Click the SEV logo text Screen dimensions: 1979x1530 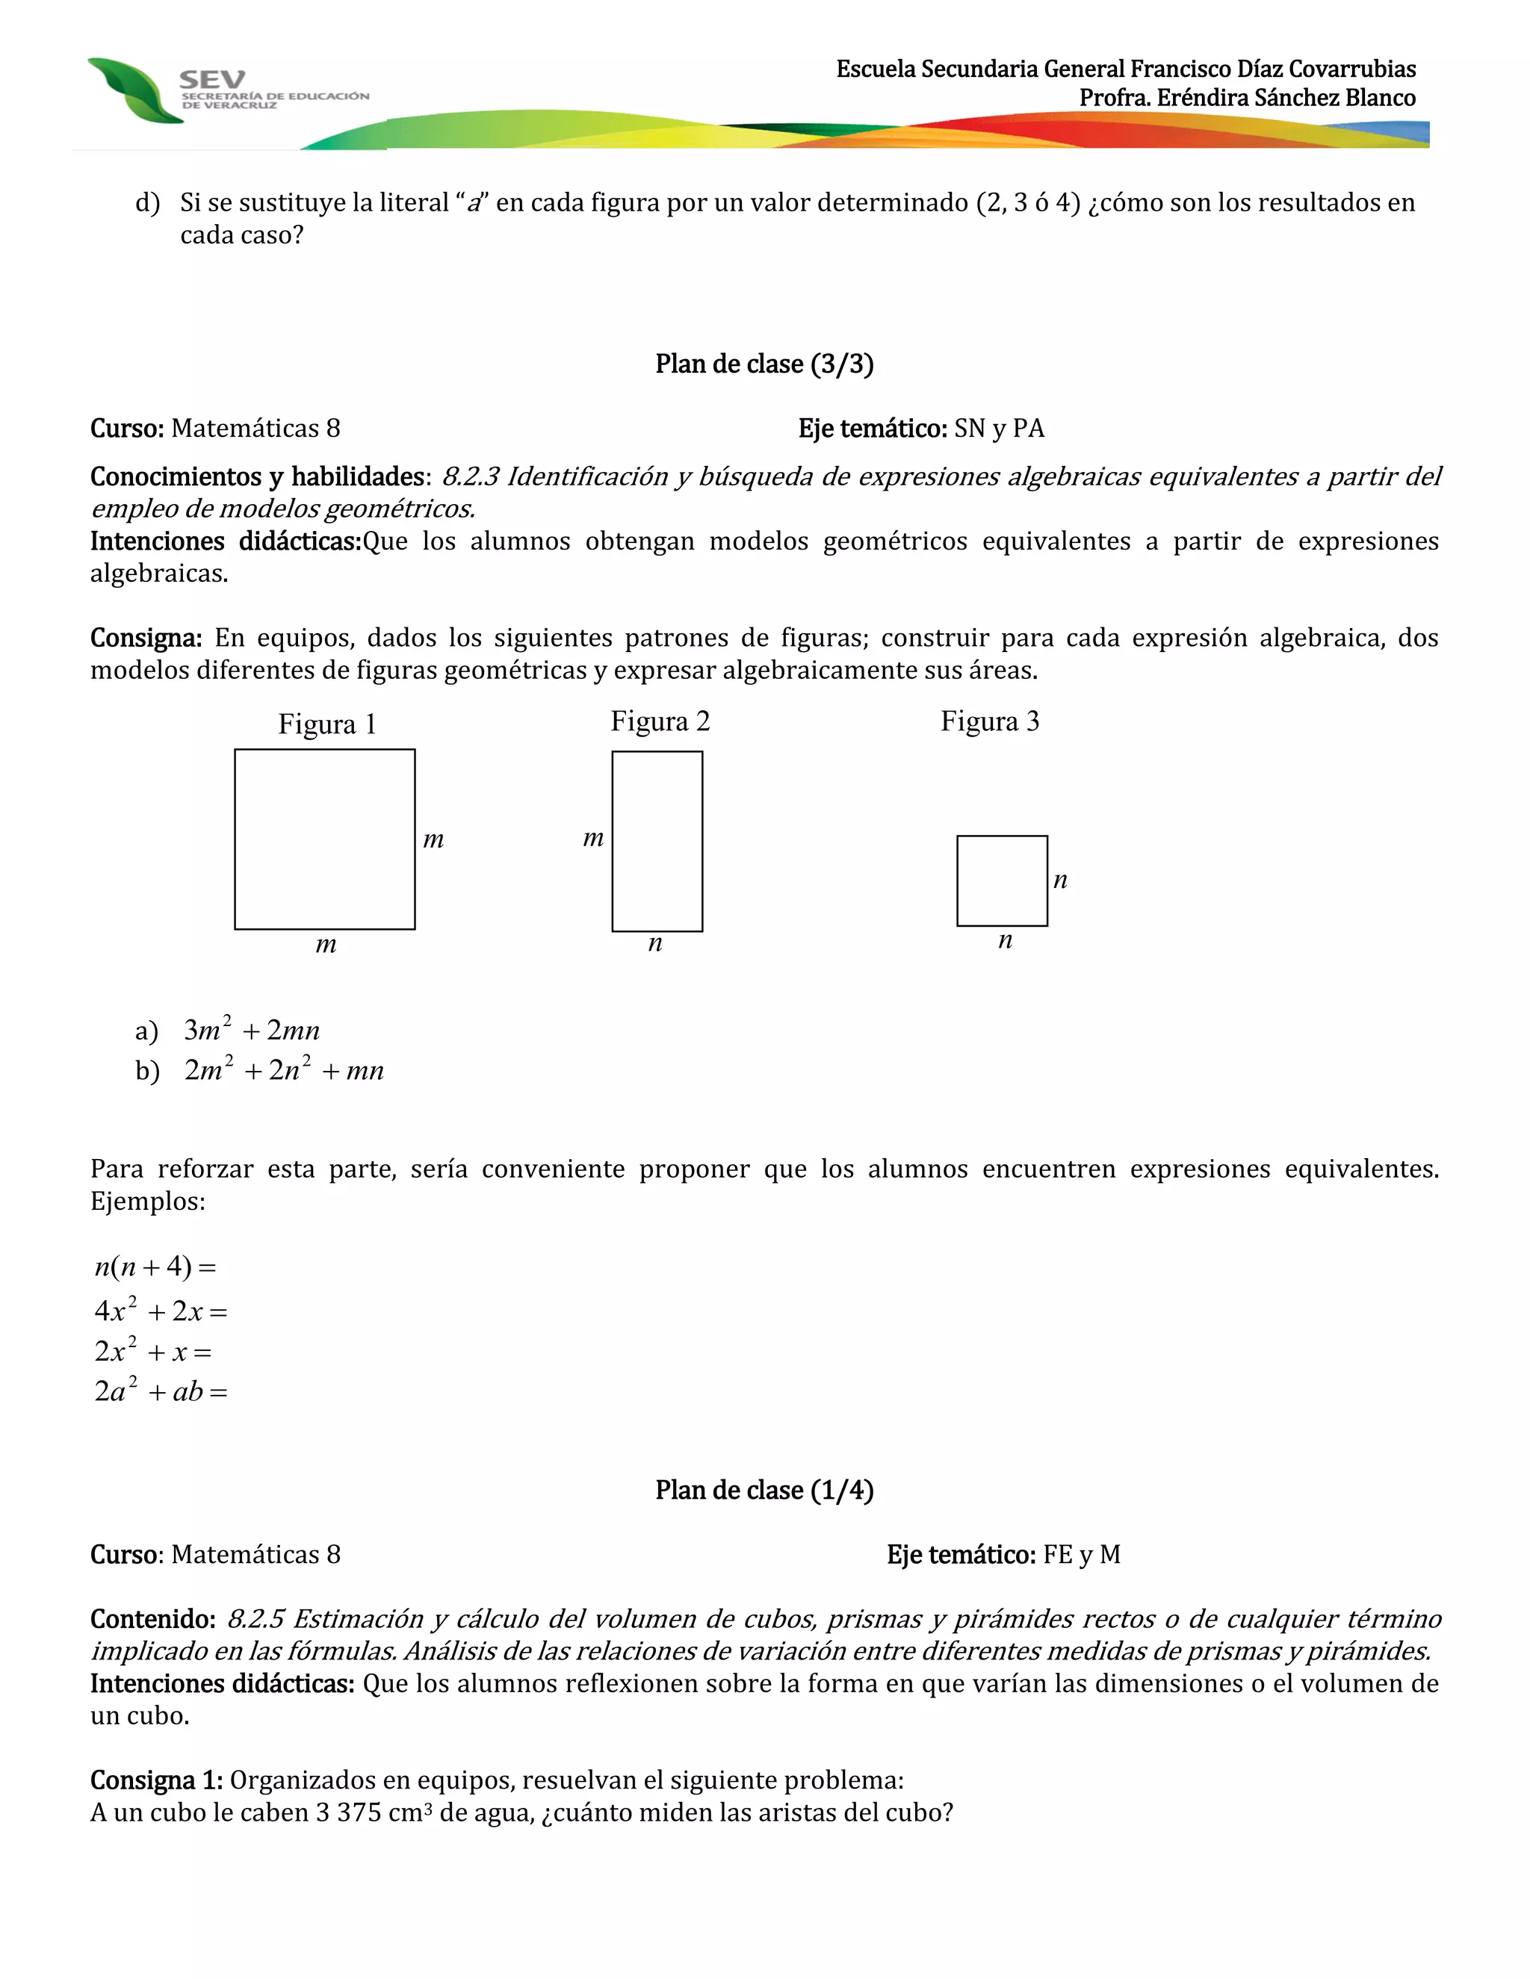pyautogui.click(x=211, y=80)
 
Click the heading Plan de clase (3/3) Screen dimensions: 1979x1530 pyautogui.click(x=764, y=364)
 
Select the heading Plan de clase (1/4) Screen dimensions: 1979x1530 pyautogui.click(x=764, y=1490)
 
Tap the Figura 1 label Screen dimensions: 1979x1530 pyautogui.click(x=326, y=724)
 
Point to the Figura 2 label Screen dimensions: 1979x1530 pyautogui.click(x=660, y=721)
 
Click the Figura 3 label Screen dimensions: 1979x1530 pyautogui.click(x=990, y=721)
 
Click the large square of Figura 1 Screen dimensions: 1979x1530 pyautogui.click(x=324, y=839)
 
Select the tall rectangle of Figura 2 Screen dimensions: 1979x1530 pyautogui.click(x=657, y=841)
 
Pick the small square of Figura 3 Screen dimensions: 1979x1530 pyautogui.click(x=1002, y=880)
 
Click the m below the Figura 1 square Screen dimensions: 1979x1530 pyautogui.click(x=326, y=945)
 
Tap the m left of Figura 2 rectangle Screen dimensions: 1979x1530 pyautogui.click(x=592, y=838)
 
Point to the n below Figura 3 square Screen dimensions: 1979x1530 pyautogui.click(x=1004, y=940)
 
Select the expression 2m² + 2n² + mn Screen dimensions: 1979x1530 pyautogui.click(x=284, y=1070)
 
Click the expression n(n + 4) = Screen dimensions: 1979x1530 pyautogui.click(x=155, y=1266)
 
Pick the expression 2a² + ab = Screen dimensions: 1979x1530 pyautogui.click(x=161, y=1391)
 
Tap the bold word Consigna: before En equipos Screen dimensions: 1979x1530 pyautogui.click(x=145, y=638)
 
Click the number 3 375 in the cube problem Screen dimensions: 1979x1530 pyautogui.click(x=348, y=1812)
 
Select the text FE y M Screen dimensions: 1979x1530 pyautogui.click(x=1081, y=1555)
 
